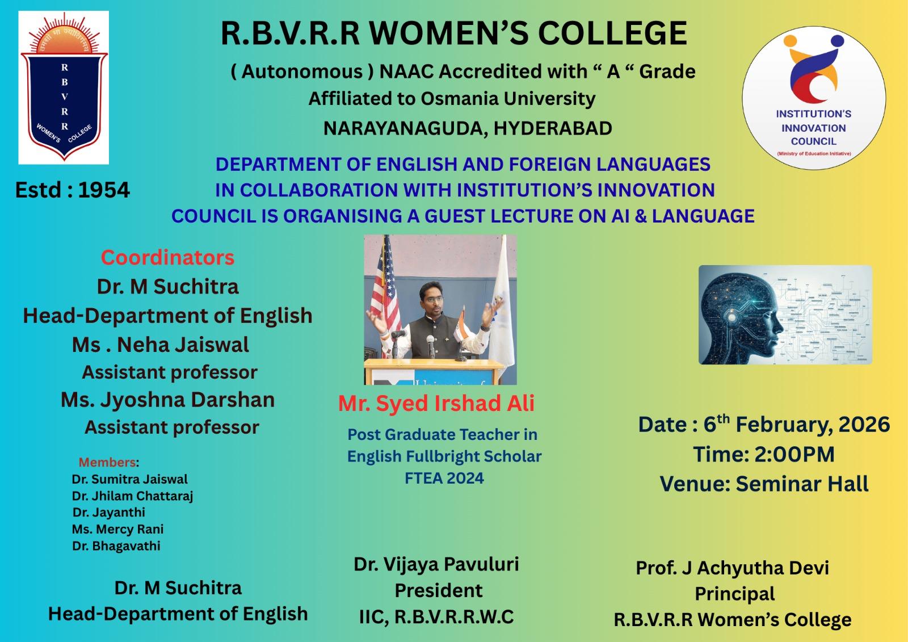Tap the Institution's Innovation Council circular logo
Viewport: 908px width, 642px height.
click(x=814, y=98)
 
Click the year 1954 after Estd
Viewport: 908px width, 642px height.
click(x=104, y=190)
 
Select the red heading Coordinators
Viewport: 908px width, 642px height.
click(x=167, y=258)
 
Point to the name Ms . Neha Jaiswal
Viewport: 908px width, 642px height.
click(x=161, y=345)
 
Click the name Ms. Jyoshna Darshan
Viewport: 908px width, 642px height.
click(x=168, y=400)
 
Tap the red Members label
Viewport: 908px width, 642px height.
click(x=107, y=462)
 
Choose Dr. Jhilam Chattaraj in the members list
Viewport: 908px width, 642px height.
click(x=133, y=496)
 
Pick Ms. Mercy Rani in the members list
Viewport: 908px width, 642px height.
click(x=117, y=529)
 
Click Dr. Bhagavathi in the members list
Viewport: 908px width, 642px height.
click(x=116, y=546)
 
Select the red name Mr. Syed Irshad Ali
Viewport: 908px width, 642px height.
click(x=436, y=404)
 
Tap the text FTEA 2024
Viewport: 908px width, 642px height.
click(x=444, y=478)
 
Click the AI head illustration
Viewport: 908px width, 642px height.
click(x=785, y=314)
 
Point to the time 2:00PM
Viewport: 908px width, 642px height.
click(x=794, y=454)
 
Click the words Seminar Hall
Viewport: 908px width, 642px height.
click(x=802, y=484)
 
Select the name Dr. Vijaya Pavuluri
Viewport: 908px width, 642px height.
click(x=436, y=564)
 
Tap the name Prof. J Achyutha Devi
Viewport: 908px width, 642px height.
click(x=733, y=568)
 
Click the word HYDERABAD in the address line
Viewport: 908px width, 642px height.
click(x=553, y=128)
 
